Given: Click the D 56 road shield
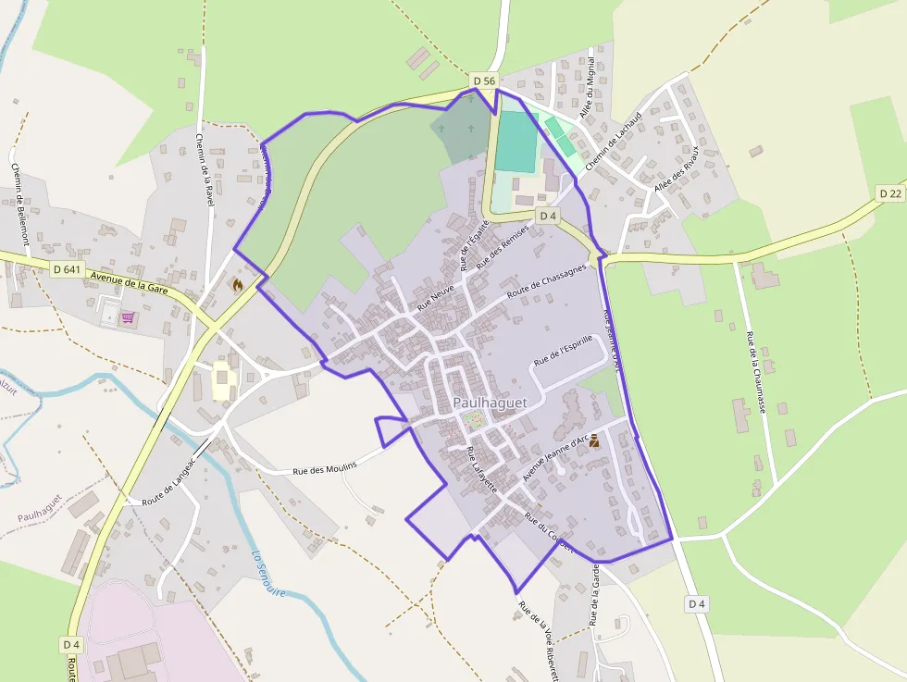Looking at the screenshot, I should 484,81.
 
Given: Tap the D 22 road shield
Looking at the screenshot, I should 890,192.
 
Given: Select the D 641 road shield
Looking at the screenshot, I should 68,269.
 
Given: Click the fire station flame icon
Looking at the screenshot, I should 237,285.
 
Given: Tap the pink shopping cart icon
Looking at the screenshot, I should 127,317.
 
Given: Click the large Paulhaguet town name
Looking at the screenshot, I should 491,403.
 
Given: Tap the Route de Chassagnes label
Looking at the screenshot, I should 546,282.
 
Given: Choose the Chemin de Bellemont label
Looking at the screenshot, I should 21,204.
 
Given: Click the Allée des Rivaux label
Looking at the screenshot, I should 676,168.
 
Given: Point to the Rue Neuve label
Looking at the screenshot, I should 435,296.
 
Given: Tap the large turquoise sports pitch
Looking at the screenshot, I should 516,141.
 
